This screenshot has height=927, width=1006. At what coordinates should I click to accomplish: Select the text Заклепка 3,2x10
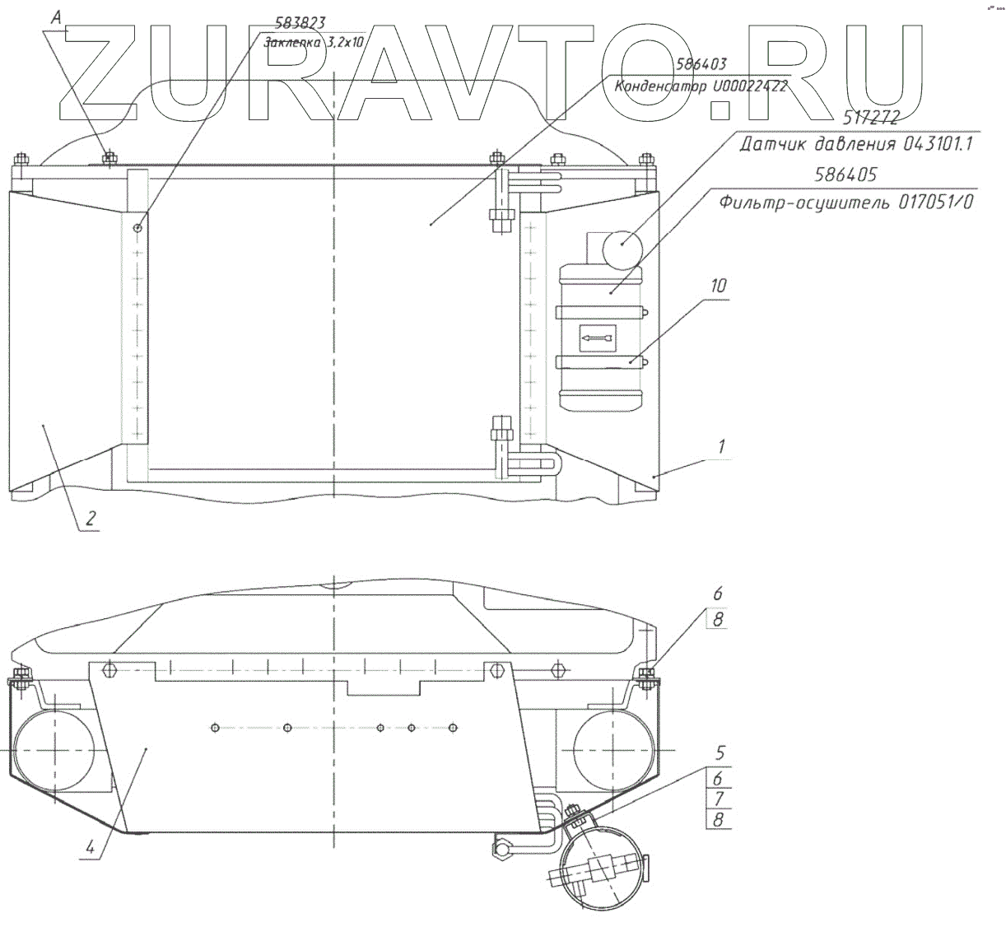coord(314,44)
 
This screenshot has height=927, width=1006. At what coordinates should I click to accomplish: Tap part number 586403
coord(701,64)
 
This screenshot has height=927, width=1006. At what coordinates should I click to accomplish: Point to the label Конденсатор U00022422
coord(701,86)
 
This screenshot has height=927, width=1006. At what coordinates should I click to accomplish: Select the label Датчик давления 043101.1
coord(856,145)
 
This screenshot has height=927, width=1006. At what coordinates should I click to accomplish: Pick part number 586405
coord(850,175)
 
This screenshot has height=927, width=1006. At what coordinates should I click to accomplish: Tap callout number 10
coord(719,286)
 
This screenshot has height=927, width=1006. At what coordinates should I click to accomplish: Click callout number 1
coord(721,447)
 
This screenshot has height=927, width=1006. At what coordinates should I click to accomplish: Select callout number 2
coord(91,519)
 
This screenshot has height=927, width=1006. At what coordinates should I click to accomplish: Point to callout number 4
coord(91,846)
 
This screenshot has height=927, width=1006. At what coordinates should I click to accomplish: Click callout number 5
coord(720,752)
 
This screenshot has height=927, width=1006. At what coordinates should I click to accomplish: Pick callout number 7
coord(719,799)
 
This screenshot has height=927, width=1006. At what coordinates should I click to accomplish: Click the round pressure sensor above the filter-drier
coord(622,248)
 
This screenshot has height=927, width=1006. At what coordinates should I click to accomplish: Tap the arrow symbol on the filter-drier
coord(596,337)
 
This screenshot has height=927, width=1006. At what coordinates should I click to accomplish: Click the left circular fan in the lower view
coord(51,751)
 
